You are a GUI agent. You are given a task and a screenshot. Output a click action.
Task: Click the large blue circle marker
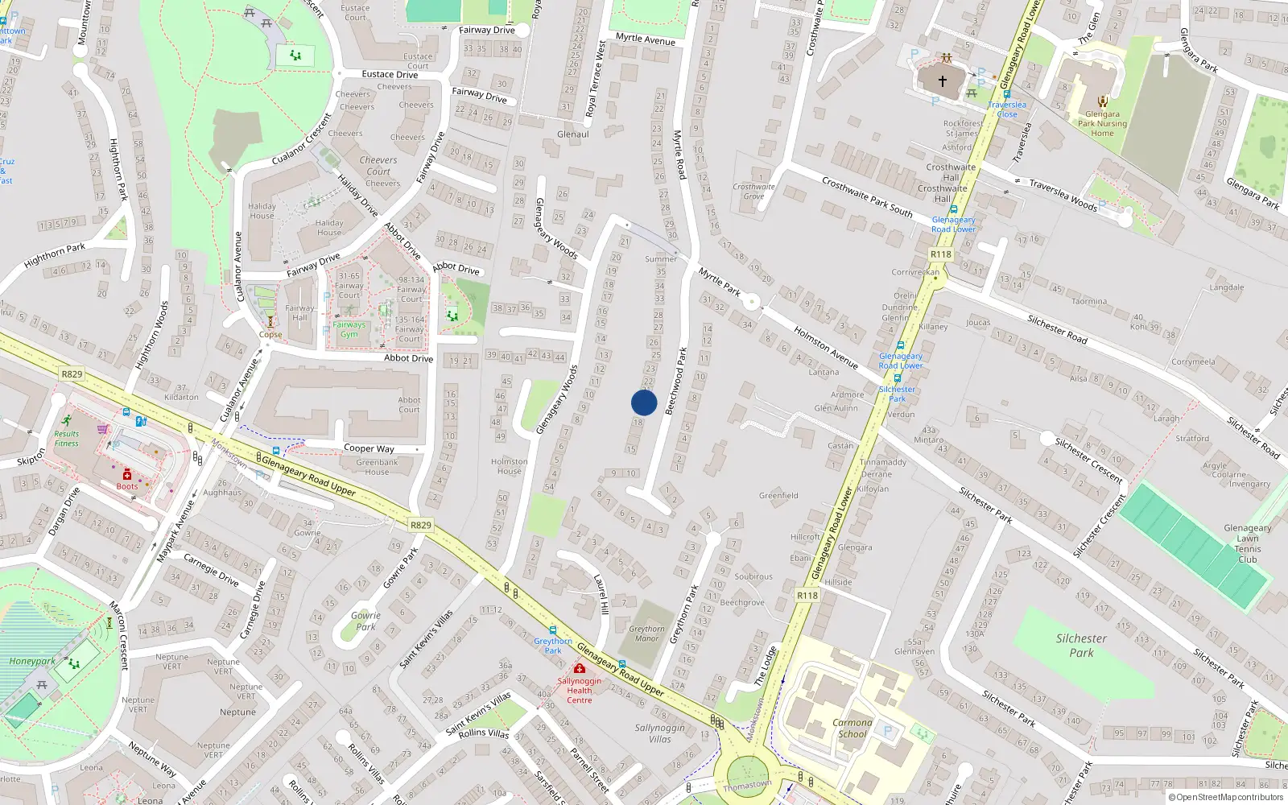point(644,402)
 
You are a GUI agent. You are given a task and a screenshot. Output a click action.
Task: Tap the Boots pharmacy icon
point(126,475)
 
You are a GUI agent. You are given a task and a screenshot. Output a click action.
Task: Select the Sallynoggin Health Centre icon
point(579,669)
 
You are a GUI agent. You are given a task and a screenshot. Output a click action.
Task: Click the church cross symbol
point(942,81)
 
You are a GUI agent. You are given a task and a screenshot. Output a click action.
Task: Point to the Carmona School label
point(852,728)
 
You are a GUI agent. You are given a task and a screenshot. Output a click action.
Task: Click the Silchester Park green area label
point(1081,646)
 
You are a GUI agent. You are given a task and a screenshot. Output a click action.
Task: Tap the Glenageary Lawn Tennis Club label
point(1247,543)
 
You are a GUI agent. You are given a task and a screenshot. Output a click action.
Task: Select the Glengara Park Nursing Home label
point(1102,124)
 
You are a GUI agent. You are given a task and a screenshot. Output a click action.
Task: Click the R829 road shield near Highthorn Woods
point(72,374)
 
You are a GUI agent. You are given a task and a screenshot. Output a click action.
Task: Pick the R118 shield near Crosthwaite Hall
point(940,254)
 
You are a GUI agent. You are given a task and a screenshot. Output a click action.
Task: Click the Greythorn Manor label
point(646,634)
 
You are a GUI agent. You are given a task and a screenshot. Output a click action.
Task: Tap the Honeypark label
point(32,661)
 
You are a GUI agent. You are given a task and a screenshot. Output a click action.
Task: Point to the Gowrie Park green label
point(365,621)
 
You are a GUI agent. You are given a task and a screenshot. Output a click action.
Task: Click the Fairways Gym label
point(349,329)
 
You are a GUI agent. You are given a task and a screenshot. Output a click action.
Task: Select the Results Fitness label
point(67,439)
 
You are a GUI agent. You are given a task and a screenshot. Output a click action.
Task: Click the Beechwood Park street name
point(676,381)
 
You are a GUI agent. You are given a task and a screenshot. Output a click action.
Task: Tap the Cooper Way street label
point(369,448)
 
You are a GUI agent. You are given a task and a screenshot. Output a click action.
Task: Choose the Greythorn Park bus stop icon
point(552,630)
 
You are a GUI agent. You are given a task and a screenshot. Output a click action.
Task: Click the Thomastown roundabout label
point(746,785)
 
